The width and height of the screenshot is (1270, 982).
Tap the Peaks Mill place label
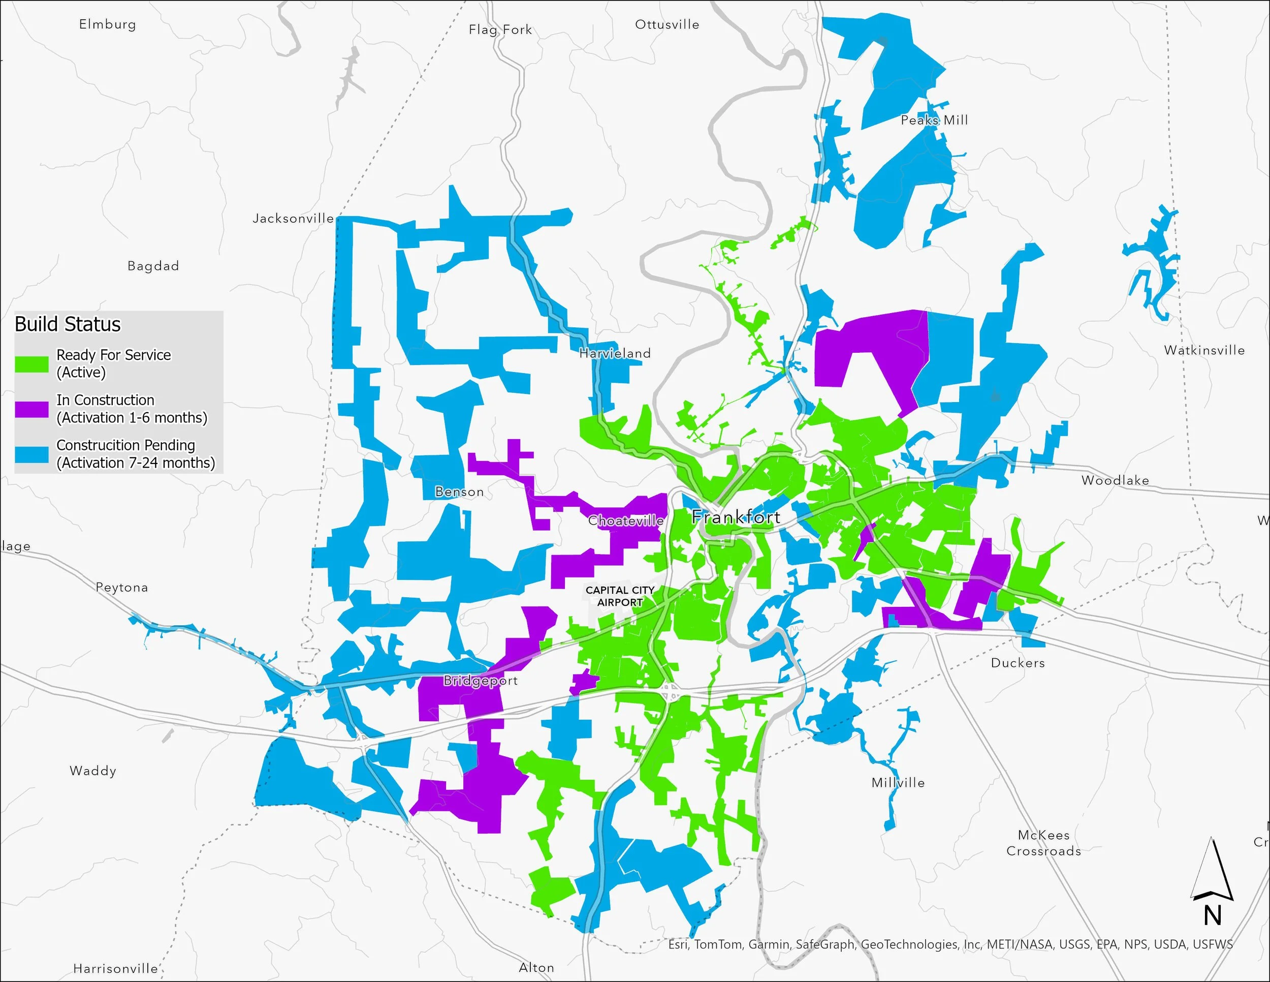click(934, 120)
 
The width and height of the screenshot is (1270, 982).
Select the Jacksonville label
click(293, 218)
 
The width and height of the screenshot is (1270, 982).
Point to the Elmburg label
click(108, 24)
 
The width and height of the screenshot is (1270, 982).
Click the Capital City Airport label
click(620, 596)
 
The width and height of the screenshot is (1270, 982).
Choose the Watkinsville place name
click(1204, 350)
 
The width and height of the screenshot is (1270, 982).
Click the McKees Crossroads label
click(1043, 843)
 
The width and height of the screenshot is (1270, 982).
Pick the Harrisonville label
click(115, 968)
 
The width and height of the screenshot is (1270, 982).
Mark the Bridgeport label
click(481, 680)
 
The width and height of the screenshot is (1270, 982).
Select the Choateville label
click(626, 520)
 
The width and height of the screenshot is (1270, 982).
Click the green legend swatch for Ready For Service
click(31, 364)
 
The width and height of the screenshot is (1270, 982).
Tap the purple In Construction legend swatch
click(31, 409)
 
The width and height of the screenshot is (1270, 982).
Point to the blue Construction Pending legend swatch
click(31, 454)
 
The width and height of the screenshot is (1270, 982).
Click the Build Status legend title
click(68, 324)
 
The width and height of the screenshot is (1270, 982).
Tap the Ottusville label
click(667, 24)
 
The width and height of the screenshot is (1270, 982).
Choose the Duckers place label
click(1018, 663)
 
